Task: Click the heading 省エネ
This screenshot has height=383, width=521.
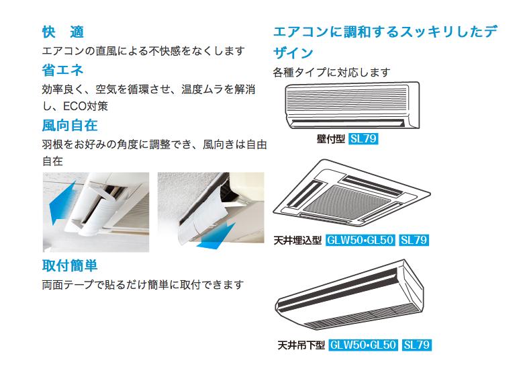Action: click(x=62, y=69)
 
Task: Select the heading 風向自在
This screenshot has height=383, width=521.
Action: click(x=69, y=125)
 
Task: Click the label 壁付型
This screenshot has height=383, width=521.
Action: click(x=330, y=139)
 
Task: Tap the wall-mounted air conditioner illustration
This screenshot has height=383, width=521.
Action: click(x=352, y=105)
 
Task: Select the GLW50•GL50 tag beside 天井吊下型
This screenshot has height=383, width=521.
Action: click(x=363, y=345)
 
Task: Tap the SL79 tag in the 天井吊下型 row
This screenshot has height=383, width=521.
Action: click(x=417, y=345)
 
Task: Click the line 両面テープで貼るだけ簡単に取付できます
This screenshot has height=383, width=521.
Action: click(x=142, y=285)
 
